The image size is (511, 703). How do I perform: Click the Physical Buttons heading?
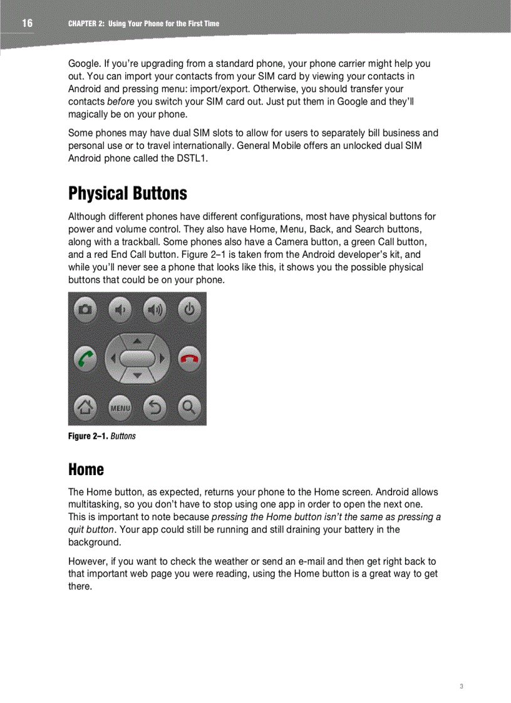tap(127, 193)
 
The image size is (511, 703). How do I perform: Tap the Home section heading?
tap(86, 469)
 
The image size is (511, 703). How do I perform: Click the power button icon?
tap(189, 309)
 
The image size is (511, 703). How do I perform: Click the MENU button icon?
tap(120, 408)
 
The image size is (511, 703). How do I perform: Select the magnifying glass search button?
tap(189, 408)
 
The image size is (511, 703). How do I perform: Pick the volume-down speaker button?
tap(120, 309)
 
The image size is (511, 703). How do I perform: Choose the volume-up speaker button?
tap(155, 309)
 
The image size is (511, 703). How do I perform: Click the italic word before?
tap(120, 101)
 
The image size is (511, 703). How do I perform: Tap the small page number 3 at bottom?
tap(461, 687)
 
